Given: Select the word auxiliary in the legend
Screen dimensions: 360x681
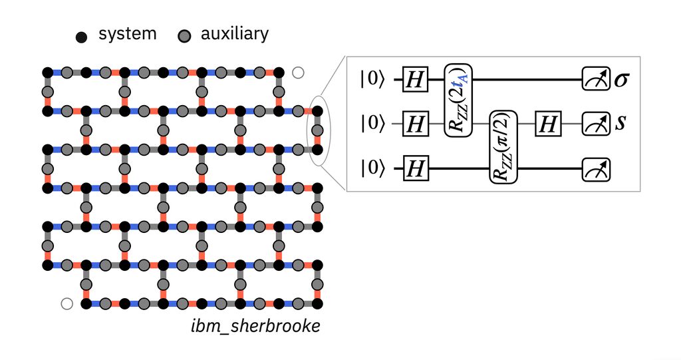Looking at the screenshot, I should (234, 34).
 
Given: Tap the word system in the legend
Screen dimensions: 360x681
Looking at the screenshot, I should (128, 35).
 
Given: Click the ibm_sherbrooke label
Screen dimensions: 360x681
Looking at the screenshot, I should (256, 328).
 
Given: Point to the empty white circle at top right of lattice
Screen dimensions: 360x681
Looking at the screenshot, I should (298, 73).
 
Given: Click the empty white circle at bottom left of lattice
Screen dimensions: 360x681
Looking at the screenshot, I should (66, 303).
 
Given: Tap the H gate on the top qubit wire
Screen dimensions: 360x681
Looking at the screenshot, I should (415, 80).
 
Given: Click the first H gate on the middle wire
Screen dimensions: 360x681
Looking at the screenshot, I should (415, 123).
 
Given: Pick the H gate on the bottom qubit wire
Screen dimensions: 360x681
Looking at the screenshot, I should (415, 170).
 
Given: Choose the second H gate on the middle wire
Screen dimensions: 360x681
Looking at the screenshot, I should (548, 123).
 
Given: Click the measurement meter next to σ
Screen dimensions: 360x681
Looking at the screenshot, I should (592, 80).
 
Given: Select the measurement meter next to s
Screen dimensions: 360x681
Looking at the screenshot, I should (592, 123).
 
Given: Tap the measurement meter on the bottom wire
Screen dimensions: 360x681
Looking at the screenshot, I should (592, 170).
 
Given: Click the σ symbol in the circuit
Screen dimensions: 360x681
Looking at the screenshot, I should (622, 81).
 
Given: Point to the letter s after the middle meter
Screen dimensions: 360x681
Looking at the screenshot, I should (620, 123).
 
